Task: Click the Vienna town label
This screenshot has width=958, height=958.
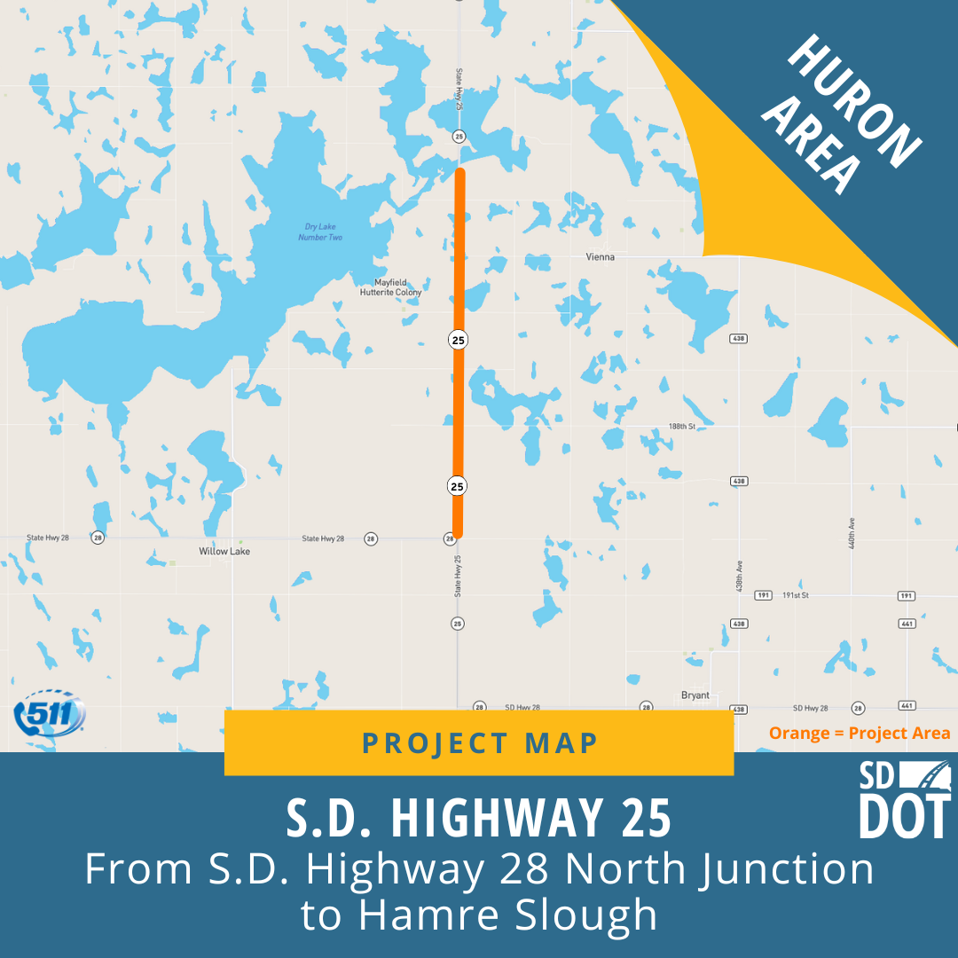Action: click(600, 256)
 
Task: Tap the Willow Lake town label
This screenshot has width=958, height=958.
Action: click(224, 551)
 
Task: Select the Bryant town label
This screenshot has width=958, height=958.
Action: click(695, 695)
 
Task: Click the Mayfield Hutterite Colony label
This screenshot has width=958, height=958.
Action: click(390, 287)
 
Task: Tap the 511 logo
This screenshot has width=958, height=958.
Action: click(50, 713)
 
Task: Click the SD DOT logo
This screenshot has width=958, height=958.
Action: click(904, 798)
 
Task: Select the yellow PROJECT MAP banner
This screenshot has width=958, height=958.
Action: click(479, 742)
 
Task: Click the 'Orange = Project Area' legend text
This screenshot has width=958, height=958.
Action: click(859, 734)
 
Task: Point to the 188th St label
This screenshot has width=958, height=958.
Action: click(682, 427)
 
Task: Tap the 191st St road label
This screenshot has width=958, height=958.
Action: click(795, 595)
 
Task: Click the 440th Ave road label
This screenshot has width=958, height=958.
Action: click(851, 532)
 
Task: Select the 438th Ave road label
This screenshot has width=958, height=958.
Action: click(739, 577)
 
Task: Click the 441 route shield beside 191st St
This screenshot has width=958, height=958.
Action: click(906, 624)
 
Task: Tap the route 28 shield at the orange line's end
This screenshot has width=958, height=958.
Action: click(450, 538)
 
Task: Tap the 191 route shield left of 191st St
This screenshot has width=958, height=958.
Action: click(762, 595)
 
